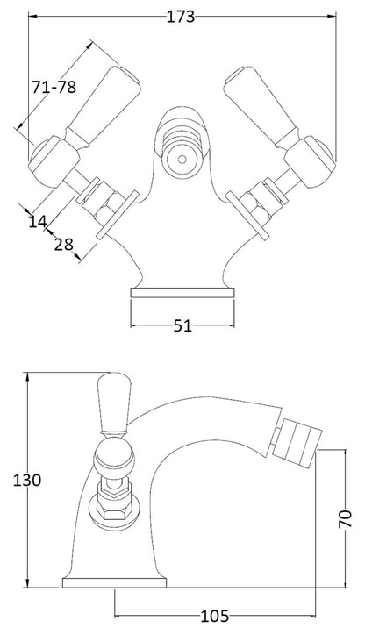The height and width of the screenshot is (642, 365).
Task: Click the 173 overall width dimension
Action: coord(181,17)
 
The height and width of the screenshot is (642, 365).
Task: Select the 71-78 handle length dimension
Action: coord(54,87)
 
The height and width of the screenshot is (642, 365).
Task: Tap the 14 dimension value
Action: coord(38,222)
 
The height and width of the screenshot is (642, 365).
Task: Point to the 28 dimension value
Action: coord(64,245)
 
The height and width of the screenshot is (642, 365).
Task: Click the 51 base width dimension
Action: coord(182,326)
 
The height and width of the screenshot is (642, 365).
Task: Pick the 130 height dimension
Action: coord(27,480)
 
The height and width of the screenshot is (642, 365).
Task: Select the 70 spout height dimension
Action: coord(346,518)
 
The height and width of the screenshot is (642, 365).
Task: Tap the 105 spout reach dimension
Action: coord(215,616)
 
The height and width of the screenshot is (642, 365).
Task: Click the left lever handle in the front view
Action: coord(103,105)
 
